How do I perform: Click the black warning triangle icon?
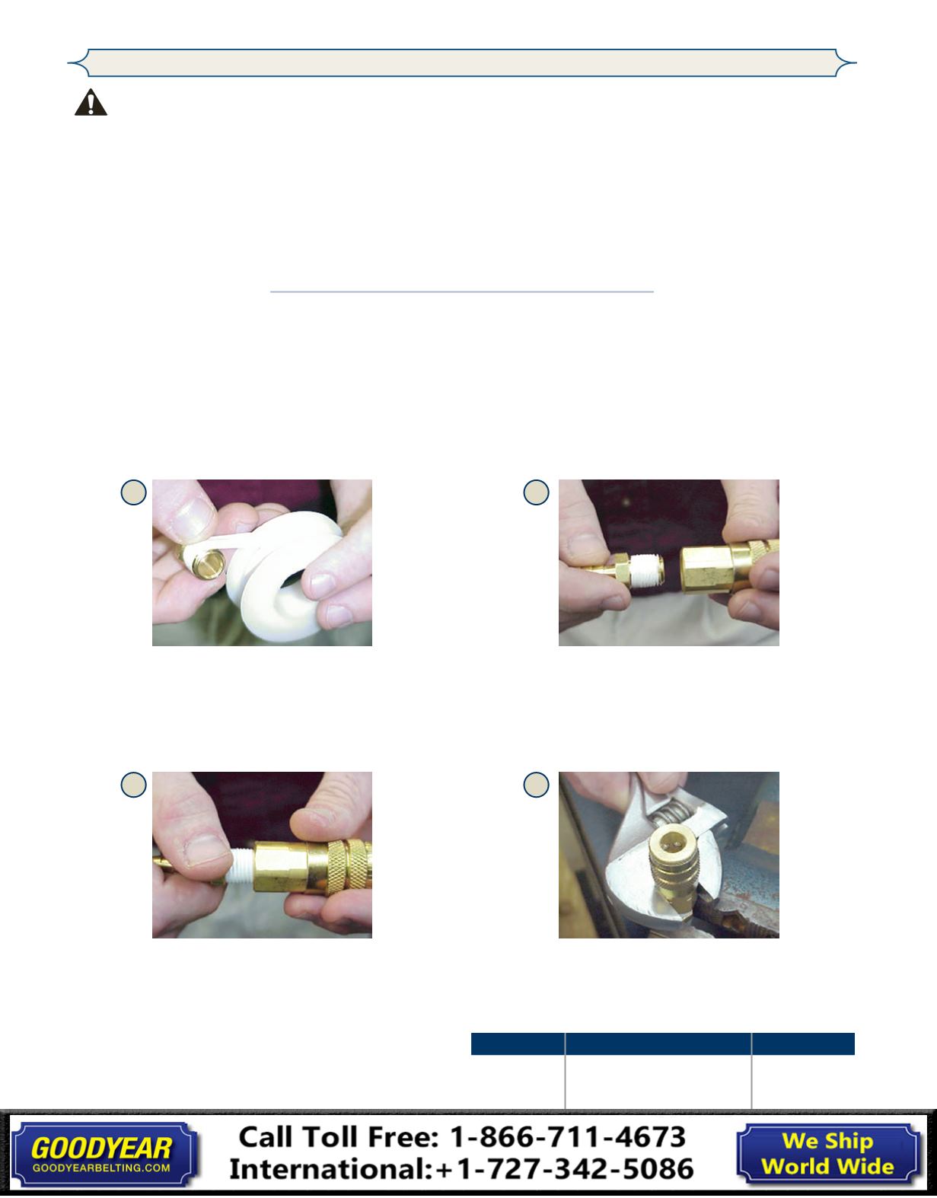tap(91, 103)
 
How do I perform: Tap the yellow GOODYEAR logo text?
tap(101, 1149)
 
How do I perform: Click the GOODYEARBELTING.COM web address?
tap(101, 1168)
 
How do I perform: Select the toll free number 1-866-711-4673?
tap(568, 1137)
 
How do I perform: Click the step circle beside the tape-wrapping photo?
tap(133, 492)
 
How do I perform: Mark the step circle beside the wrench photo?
tap(536, 784)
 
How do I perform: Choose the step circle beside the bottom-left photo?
tap(133, 784)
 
